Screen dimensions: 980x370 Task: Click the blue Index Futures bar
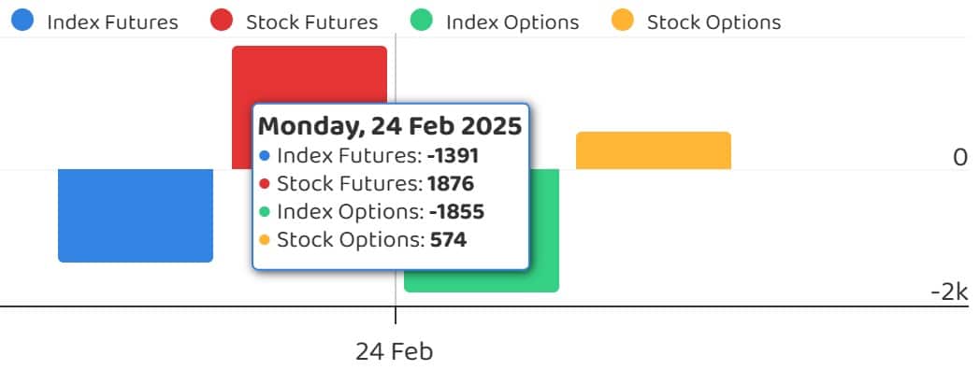(136, 216)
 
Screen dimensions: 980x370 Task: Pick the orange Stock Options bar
(653, 150)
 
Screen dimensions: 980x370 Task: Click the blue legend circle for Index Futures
(22, 21)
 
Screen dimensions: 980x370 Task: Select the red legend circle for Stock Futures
(222, 21)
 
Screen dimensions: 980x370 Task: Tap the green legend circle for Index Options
(421, 21)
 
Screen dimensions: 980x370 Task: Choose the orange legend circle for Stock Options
(622, 21)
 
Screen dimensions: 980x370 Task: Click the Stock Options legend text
(713, 23)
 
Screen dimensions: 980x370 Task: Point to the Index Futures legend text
(112, 23)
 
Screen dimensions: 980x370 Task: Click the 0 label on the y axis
(960, 158)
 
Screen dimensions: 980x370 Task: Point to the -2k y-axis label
(949, 292)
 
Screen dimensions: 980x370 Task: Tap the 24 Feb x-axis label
(395, 352)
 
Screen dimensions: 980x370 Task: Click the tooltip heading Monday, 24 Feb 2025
(390, 126)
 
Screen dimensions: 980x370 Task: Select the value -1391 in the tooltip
(454, 156)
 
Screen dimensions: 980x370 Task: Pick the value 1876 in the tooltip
(451, 184)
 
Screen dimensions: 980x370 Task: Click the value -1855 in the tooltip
(456, 212)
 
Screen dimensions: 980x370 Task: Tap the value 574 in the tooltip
(448, 240)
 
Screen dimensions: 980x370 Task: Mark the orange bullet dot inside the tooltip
(265, 240)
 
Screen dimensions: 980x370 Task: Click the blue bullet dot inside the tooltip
(265, 156)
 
